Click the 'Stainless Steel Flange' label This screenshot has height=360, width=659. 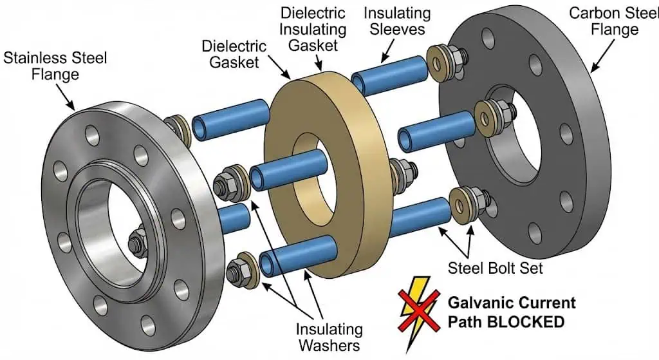pyautogui.click(x=55, y=66)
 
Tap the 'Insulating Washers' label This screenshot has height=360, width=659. pyautogui.click(x=329, y=337)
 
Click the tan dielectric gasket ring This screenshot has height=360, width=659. pyautogui.click(x=348, y=213)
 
